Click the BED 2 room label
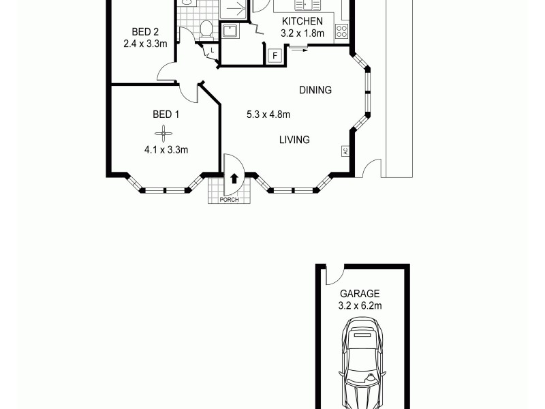tap(145, 31)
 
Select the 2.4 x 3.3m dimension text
tap(145, 44)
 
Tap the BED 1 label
tap(166, 115)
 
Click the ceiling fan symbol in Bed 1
tap(163, 132)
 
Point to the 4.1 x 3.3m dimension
tap(166, 150)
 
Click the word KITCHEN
tap(302, 21)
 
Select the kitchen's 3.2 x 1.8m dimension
tap(302, 33)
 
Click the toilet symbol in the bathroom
tap(206, 29)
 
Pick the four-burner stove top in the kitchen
tap(341, 31)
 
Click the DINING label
tap(315, 90)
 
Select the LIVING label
tap(294, 140)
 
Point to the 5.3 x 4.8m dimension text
tap(268, 115)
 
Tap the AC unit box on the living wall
tap(345, 151)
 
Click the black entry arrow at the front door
tap(234, 179)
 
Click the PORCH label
tap(229, 200)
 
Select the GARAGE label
tap(360, 294)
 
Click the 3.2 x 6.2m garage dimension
tap(360, 306)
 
